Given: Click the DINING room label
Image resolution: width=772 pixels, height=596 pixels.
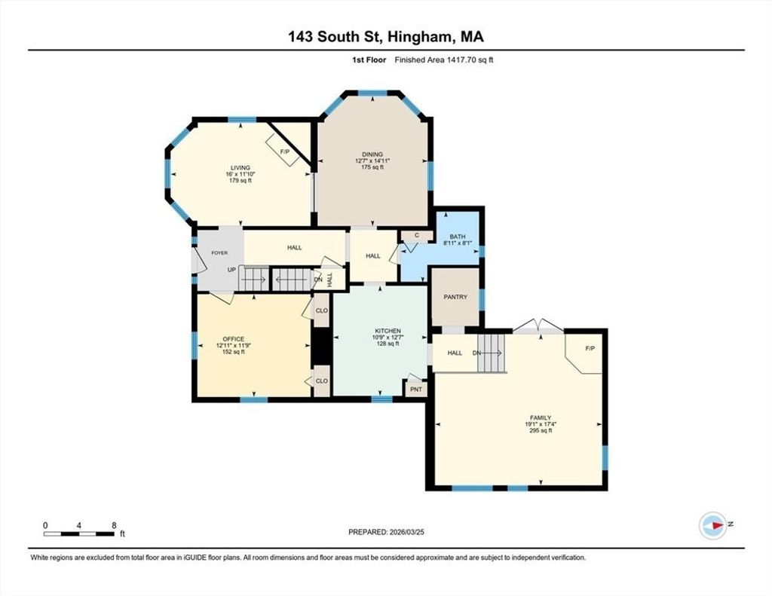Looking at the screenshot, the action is point(372,154).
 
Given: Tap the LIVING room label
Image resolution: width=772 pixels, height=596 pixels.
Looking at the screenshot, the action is point(240,168).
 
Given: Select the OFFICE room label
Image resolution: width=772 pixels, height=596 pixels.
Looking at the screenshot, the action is point(234,339).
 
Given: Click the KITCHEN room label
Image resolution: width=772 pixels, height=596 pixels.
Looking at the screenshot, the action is point(388,331).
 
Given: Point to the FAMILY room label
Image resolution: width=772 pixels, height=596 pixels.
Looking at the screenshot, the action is point(541,418).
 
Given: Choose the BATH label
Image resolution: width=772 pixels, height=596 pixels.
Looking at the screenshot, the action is point(458,237).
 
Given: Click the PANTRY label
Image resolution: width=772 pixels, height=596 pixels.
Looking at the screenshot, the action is point(455,298).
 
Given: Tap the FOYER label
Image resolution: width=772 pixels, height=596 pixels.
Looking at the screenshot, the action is point(219,253).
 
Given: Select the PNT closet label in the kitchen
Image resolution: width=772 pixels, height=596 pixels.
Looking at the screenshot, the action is point(416,390).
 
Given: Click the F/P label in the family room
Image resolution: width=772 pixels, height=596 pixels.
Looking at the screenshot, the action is point(590,348).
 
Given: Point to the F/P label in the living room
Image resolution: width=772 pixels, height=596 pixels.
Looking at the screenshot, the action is point(284,152).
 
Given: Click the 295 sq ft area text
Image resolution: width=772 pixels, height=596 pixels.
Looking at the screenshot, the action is point(541,431).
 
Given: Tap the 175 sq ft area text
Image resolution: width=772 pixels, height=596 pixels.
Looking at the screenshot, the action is point(372,167).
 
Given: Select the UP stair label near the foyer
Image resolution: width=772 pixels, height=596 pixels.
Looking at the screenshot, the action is point(232,270).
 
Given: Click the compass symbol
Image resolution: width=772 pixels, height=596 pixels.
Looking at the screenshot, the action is point(713,525).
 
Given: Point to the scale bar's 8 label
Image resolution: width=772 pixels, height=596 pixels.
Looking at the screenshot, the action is point(115,525).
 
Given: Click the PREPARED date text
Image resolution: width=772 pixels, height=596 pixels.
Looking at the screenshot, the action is point(386,532).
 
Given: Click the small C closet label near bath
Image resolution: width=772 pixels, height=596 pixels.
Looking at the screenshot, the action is point(416,235).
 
